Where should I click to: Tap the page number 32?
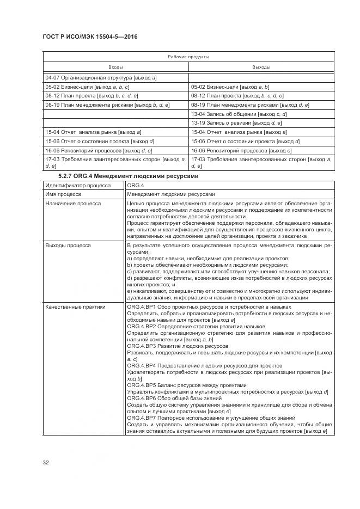tap(46, 462)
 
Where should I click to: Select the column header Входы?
tap(115, 67)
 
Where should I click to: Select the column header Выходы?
tap(261, 67)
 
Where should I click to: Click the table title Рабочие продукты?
tap(188, 57)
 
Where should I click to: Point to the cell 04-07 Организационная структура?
tap(101, 78)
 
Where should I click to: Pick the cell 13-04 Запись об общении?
tap(239, 114)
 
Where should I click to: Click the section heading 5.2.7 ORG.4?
tap(129, 176)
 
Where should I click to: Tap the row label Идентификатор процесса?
tap(77, 185)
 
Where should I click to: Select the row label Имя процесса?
tap(63, 194)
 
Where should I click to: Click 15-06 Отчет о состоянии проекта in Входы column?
tap(100, 141)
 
